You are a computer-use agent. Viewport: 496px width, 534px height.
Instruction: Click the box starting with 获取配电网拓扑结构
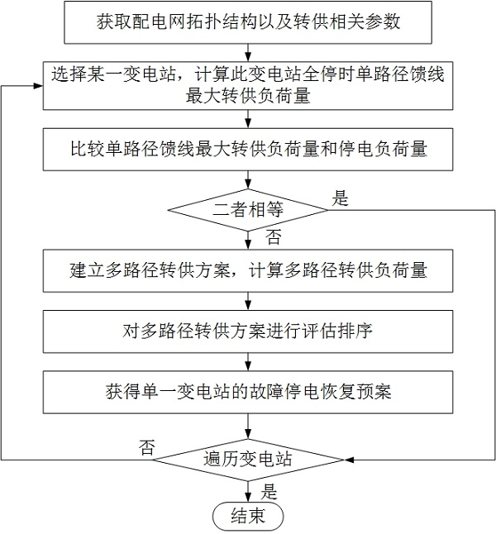click(x=248, y=22)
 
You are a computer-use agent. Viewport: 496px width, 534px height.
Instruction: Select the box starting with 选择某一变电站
click(x=248, y=85)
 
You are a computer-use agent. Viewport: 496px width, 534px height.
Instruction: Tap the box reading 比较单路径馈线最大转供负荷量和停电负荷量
click(x=248, y=150)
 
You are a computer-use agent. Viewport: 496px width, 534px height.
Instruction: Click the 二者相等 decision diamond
click(x=248, y=210)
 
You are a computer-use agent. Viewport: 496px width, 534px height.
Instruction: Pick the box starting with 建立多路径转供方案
click(x=248, y=271)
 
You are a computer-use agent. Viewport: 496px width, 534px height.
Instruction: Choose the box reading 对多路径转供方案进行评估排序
click(x=248, y=331)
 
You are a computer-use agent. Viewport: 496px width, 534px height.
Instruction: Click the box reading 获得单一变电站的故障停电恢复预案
click(x=248, y=393)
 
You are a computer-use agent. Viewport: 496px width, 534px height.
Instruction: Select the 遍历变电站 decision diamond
click(x=248, y=460)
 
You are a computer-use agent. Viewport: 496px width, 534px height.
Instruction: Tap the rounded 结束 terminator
click(x=248, y=517)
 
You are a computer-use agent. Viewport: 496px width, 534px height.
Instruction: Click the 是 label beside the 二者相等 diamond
click(x=341, y=198)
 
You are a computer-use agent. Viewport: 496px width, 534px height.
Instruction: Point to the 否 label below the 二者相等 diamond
click(x=274, y=237)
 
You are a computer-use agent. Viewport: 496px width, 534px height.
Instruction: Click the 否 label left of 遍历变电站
click(x=147, y=447)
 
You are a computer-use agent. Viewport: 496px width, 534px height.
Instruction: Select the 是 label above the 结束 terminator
click(x=269, y=492)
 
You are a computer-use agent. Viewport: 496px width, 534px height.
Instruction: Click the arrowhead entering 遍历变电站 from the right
click(x=349, y=460)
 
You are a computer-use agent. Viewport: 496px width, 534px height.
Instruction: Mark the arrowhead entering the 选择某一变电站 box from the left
click(x=38, y=85)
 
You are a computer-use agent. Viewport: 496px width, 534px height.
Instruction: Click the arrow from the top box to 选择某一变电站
click(x=248, y=53)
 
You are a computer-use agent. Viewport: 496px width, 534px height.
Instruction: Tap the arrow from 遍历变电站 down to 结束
click(x=248, y=492)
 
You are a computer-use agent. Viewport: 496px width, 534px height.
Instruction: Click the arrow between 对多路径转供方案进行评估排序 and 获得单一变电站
click(x=248, y=362)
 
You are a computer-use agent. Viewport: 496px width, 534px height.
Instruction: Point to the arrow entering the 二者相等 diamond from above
click(x=248, y=180)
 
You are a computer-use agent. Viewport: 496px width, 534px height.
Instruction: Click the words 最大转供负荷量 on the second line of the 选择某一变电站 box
click(x=248, y=97)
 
